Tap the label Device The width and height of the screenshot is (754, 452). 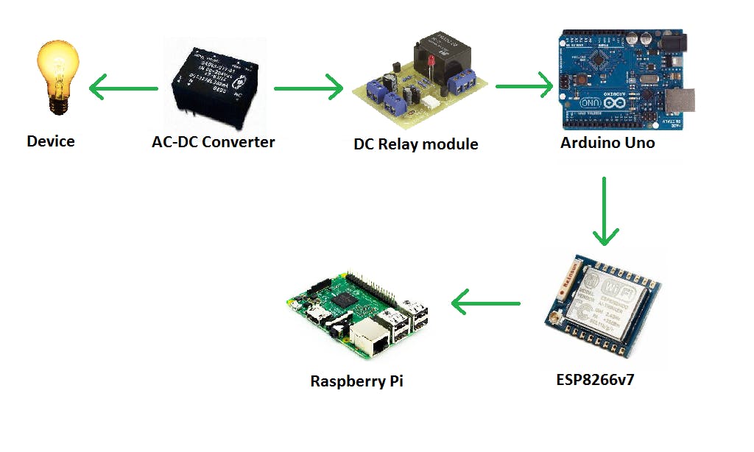coord(51,141)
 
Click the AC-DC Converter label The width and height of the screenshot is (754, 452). coord(214,142)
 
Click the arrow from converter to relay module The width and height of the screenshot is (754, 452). coord(309,88)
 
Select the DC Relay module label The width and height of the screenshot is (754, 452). coord(416,144)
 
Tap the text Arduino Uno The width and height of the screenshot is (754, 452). coord(607,143)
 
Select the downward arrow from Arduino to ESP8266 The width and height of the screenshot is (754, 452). coord(605,210)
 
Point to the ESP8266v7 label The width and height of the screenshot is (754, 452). coord(596,381)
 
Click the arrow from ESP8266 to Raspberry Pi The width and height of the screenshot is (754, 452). coord(486,302)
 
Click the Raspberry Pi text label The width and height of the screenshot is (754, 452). coord(357,381)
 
